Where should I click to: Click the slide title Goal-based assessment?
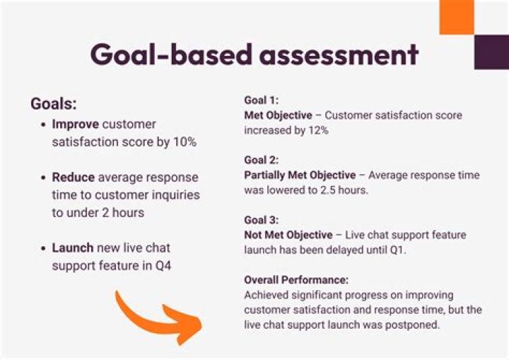tap(254, 54)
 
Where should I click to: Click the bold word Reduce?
tap(74, 177)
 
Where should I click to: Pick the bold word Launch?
tap(74, 248)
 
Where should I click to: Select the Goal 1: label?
tap(261, 100)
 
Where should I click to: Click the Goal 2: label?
tap(262, 160)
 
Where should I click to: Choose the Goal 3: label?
tap(262, 220)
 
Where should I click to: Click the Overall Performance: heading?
tap(296, 279)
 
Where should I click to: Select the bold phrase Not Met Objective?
tap(288, 235)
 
